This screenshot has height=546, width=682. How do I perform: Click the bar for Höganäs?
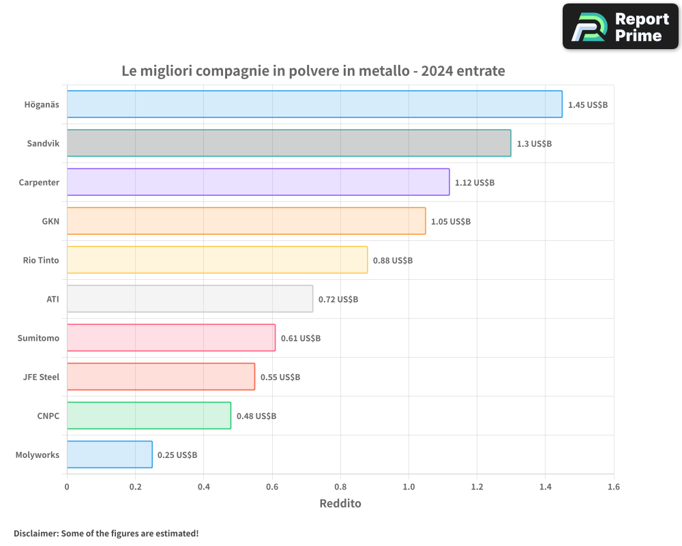point(314,104)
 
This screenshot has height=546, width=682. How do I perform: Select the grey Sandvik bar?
point(288,143)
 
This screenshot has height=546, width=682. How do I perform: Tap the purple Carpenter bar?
point(258,182)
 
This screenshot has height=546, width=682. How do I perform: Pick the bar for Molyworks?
point(109,455)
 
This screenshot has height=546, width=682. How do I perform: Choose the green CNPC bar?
point(149,416)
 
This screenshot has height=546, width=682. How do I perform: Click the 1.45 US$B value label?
point(587,105)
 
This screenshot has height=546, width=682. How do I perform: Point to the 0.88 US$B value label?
point(393,261)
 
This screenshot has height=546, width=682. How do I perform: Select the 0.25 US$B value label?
point(177,455)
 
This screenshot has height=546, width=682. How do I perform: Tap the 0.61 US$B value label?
point(301,339)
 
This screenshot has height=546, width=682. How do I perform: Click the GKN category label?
point(50,221)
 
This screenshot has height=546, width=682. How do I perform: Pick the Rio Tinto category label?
point(41,260)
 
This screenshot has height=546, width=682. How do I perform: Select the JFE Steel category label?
point(41,377)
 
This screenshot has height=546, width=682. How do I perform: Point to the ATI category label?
point(53,299)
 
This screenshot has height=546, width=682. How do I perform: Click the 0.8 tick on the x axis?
point(340,487)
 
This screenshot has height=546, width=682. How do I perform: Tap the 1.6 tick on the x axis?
point(613,487)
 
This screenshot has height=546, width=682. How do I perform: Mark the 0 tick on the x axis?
point(67,487)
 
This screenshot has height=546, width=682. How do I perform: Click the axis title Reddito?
point(340,504)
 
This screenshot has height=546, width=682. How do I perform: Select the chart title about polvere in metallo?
point(313,71)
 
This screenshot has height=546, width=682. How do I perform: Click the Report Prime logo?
point(620,27)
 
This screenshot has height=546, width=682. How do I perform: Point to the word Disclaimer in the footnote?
point(35,533)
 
